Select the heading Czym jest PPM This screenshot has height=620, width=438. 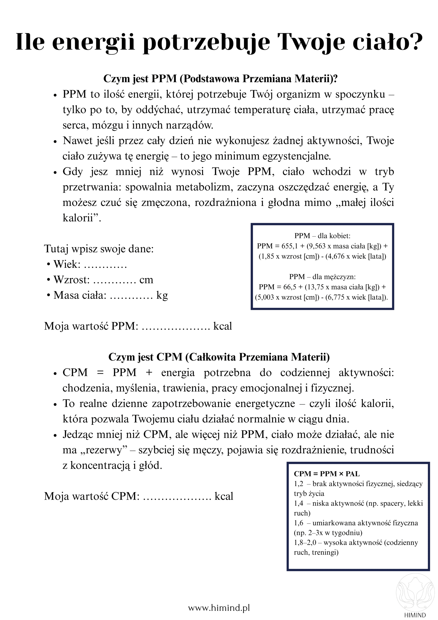coord(220,78)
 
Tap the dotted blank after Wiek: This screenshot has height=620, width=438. coord(105,264)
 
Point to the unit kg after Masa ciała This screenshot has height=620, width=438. coord(162,296)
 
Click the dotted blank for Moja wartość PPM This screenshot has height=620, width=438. coord(175,326)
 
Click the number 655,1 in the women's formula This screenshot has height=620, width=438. coord(289,246)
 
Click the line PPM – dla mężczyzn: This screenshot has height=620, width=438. coord(322,277)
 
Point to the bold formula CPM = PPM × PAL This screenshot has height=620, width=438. coord(326,474)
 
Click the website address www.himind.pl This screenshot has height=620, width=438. coord(219,608)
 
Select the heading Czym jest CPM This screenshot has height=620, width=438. coord(219,357)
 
